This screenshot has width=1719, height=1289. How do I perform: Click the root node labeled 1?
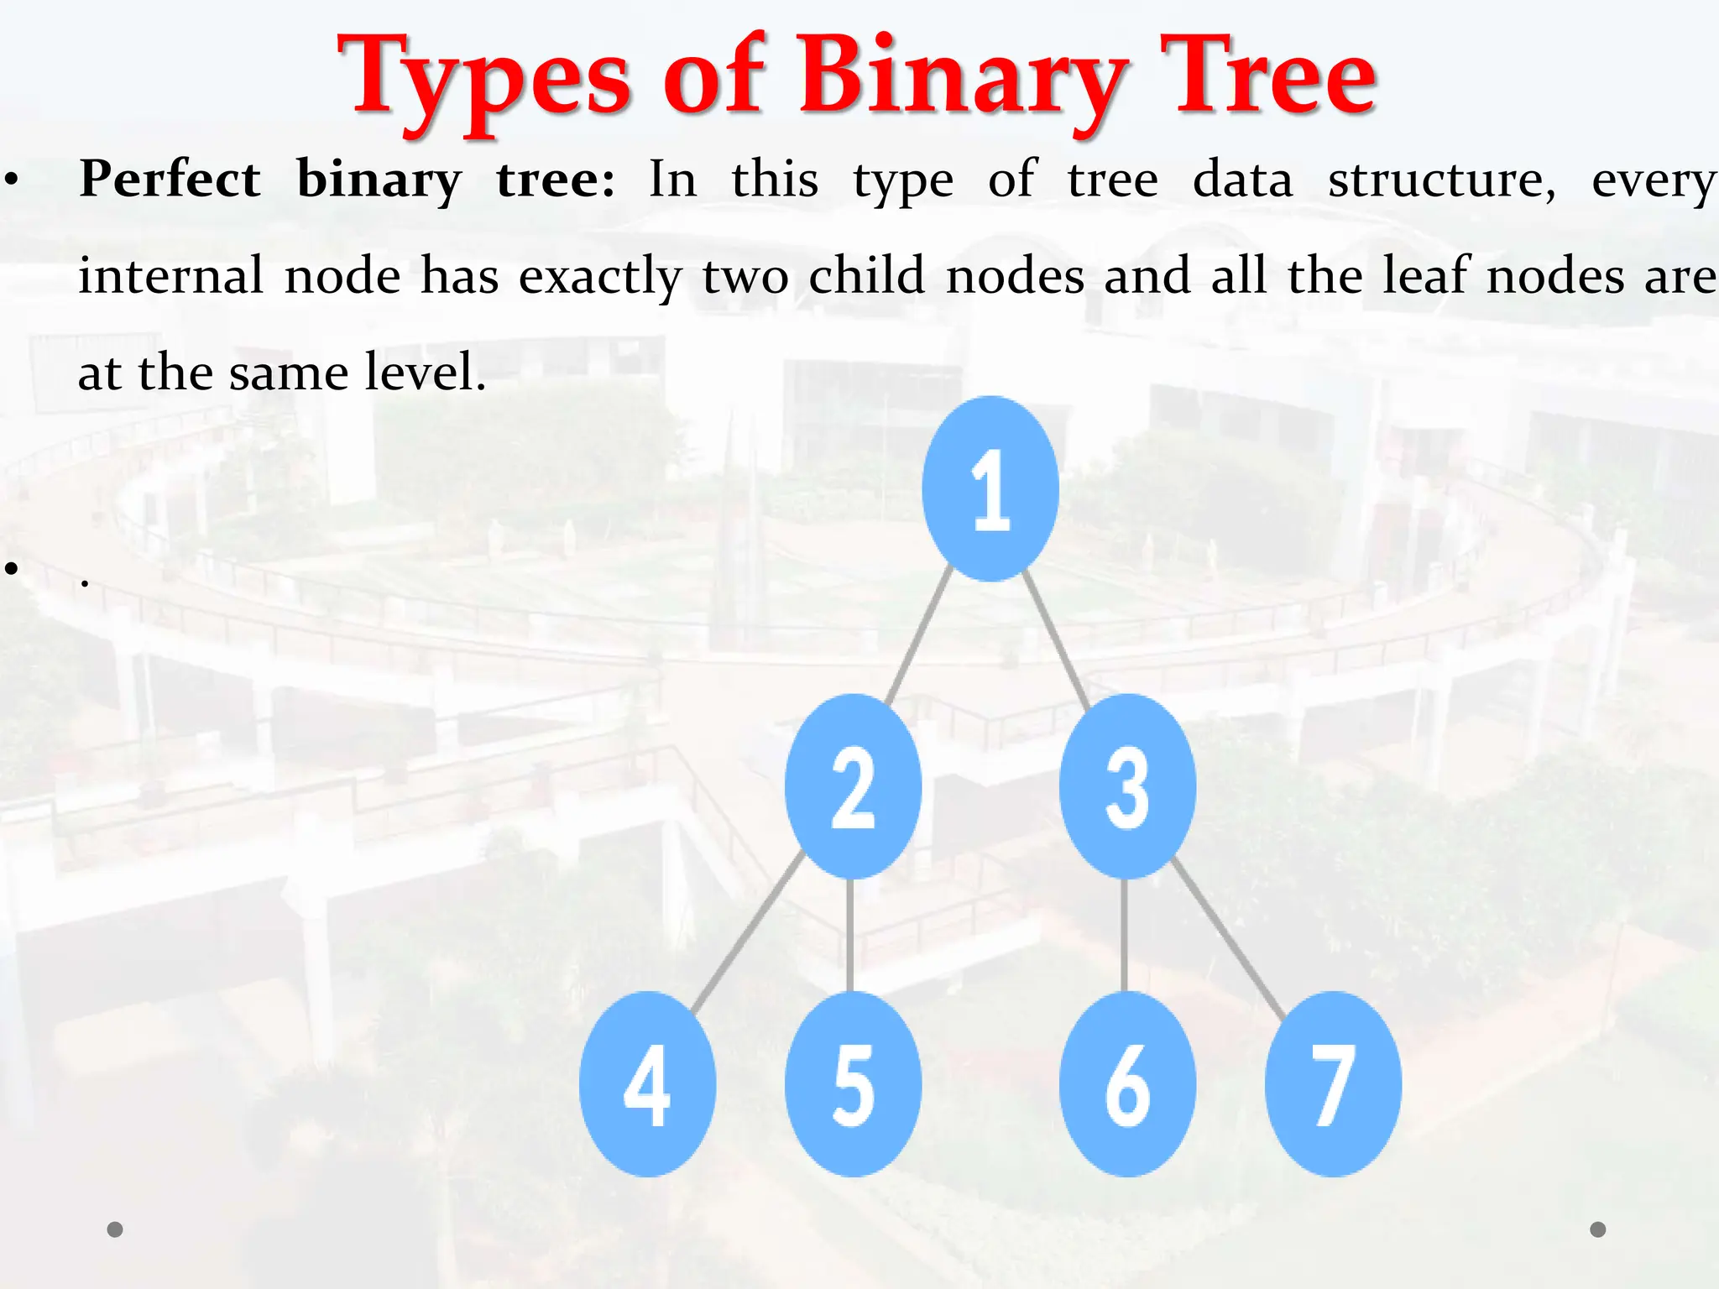pos(990,488)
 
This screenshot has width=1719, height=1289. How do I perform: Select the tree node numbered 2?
pos(853,786)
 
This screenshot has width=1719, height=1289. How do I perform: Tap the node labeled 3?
pos(1127,786)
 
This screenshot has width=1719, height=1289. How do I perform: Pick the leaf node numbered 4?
pos(647,1083)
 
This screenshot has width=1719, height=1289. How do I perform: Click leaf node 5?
pos(853,1083)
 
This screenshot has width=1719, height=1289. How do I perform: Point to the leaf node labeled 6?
pos(1127,1083)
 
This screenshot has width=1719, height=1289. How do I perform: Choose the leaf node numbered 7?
pos(1333,1083)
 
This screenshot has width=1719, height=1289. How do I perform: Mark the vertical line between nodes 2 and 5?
pos(850,934)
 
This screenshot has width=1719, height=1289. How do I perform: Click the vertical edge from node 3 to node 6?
pos(1125,934)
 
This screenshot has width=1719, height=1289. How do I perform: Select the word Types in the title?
pos(483,80)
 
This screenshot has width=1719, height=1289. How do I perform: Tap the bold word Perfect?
pos(170,180)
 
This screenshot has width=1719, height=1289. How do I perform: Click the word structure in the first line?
pos(1441,180)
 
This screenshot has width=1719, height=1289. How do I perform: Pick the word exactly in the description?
pos(600,277)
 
